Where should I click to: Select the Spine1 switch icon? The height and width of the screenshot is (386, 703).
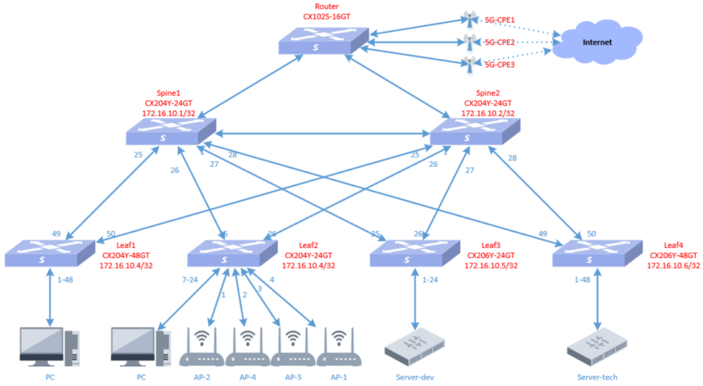[x=171, y=130]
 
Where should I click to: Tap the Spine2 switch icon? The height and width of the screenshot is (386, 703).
[x=474, y=131]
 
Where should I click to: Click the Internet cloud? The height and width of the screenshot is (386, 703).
[x=596, y=43]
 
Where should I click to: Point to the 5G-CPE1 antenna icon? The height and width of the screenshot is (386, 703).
[x=470, y=19]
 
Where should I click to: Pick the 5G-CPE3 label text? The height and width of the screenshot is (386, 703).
[x=500, y=65]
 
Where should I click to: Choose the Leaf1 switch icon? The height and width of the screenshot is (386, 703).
[x=49, y=253]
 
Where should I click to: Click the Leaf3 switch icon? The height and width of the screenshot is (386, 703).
[x=415, y=253]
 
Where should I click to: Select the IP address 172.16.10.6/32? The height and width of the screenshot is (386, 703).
[x=673, y=265]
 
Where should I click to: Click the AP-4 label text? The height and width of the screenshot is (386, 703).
[x=248, y=377]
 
